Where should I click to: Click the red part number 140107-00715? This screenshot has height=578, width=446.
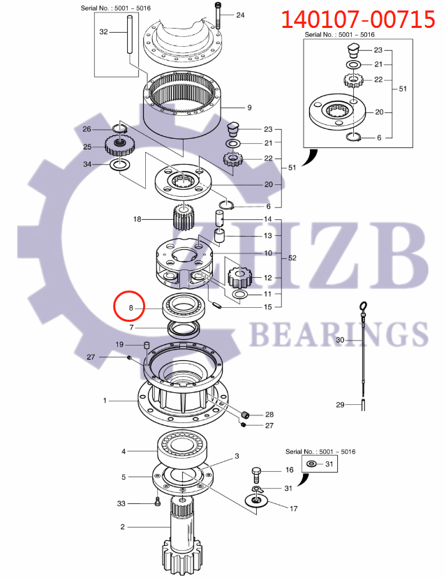click(x=357, y=18)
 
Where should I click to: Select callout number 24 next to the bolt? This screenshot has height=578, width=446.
click(x=240, y=15)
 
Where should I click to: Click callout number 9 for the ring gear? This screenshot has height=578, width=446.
click(x=248, y=108)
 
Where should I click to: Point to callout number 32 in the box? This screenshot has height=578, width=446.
click(x=104, y=32)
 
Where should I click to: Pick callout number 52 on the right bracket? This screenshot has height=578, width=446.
click(x=292, y=258)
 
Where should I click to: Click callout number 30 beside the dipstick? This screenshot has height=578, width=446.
click(x=340, y=340)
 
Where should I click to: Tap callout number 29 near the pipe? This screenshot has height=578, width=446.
click(x=340, y=405)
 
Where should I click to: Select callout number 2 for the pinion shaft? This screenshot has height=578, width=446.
click(x=122, y=527)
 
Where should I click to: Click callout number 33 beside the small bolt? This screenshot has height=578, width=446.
click(x=121, y=503)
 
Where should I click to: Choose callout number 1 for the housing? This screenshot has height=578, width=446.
click(x=105, y=401)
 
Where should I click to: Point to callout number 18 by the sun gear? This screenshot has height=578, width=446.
click(x=137, y=219)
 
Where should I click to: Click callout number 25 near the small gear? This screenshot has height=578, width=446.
click(x=87, y=147)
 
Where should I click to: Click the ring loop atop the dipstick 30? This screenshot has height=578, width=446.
click(x=362, y=306)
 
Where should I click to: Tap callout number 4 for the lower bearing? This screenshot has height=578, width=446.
click(x=124, y=452)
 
